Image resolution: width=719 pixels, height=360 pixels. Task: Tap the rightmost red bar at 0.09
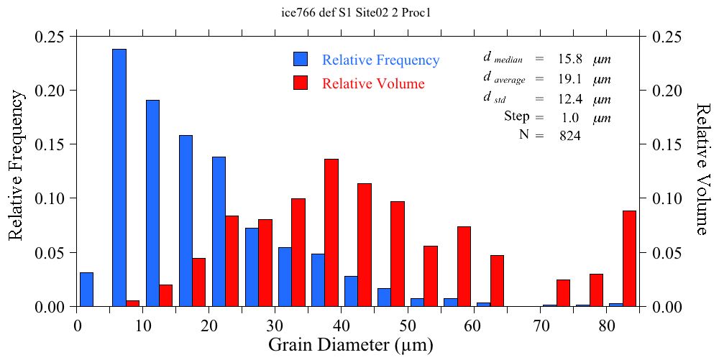629,258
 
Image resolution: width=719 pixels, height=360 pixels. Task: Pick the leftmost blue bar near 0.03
86,289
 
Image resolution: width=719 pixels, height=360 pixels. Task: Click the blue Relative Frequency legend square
301,60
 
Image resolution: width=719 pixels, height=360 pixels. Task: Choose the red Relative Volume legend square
301,83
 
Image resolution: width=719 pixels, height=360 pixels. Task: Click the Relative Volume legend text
373,83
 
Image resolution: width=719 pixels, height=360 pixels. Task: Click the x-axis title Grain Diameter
351,345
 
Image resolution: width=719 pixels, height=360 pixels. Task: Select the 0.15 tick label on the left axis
50,144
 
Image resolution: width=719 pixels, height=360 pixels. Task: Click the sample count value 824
570,135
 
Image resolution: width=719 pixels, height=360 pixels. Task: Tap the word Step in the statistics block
516,116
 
